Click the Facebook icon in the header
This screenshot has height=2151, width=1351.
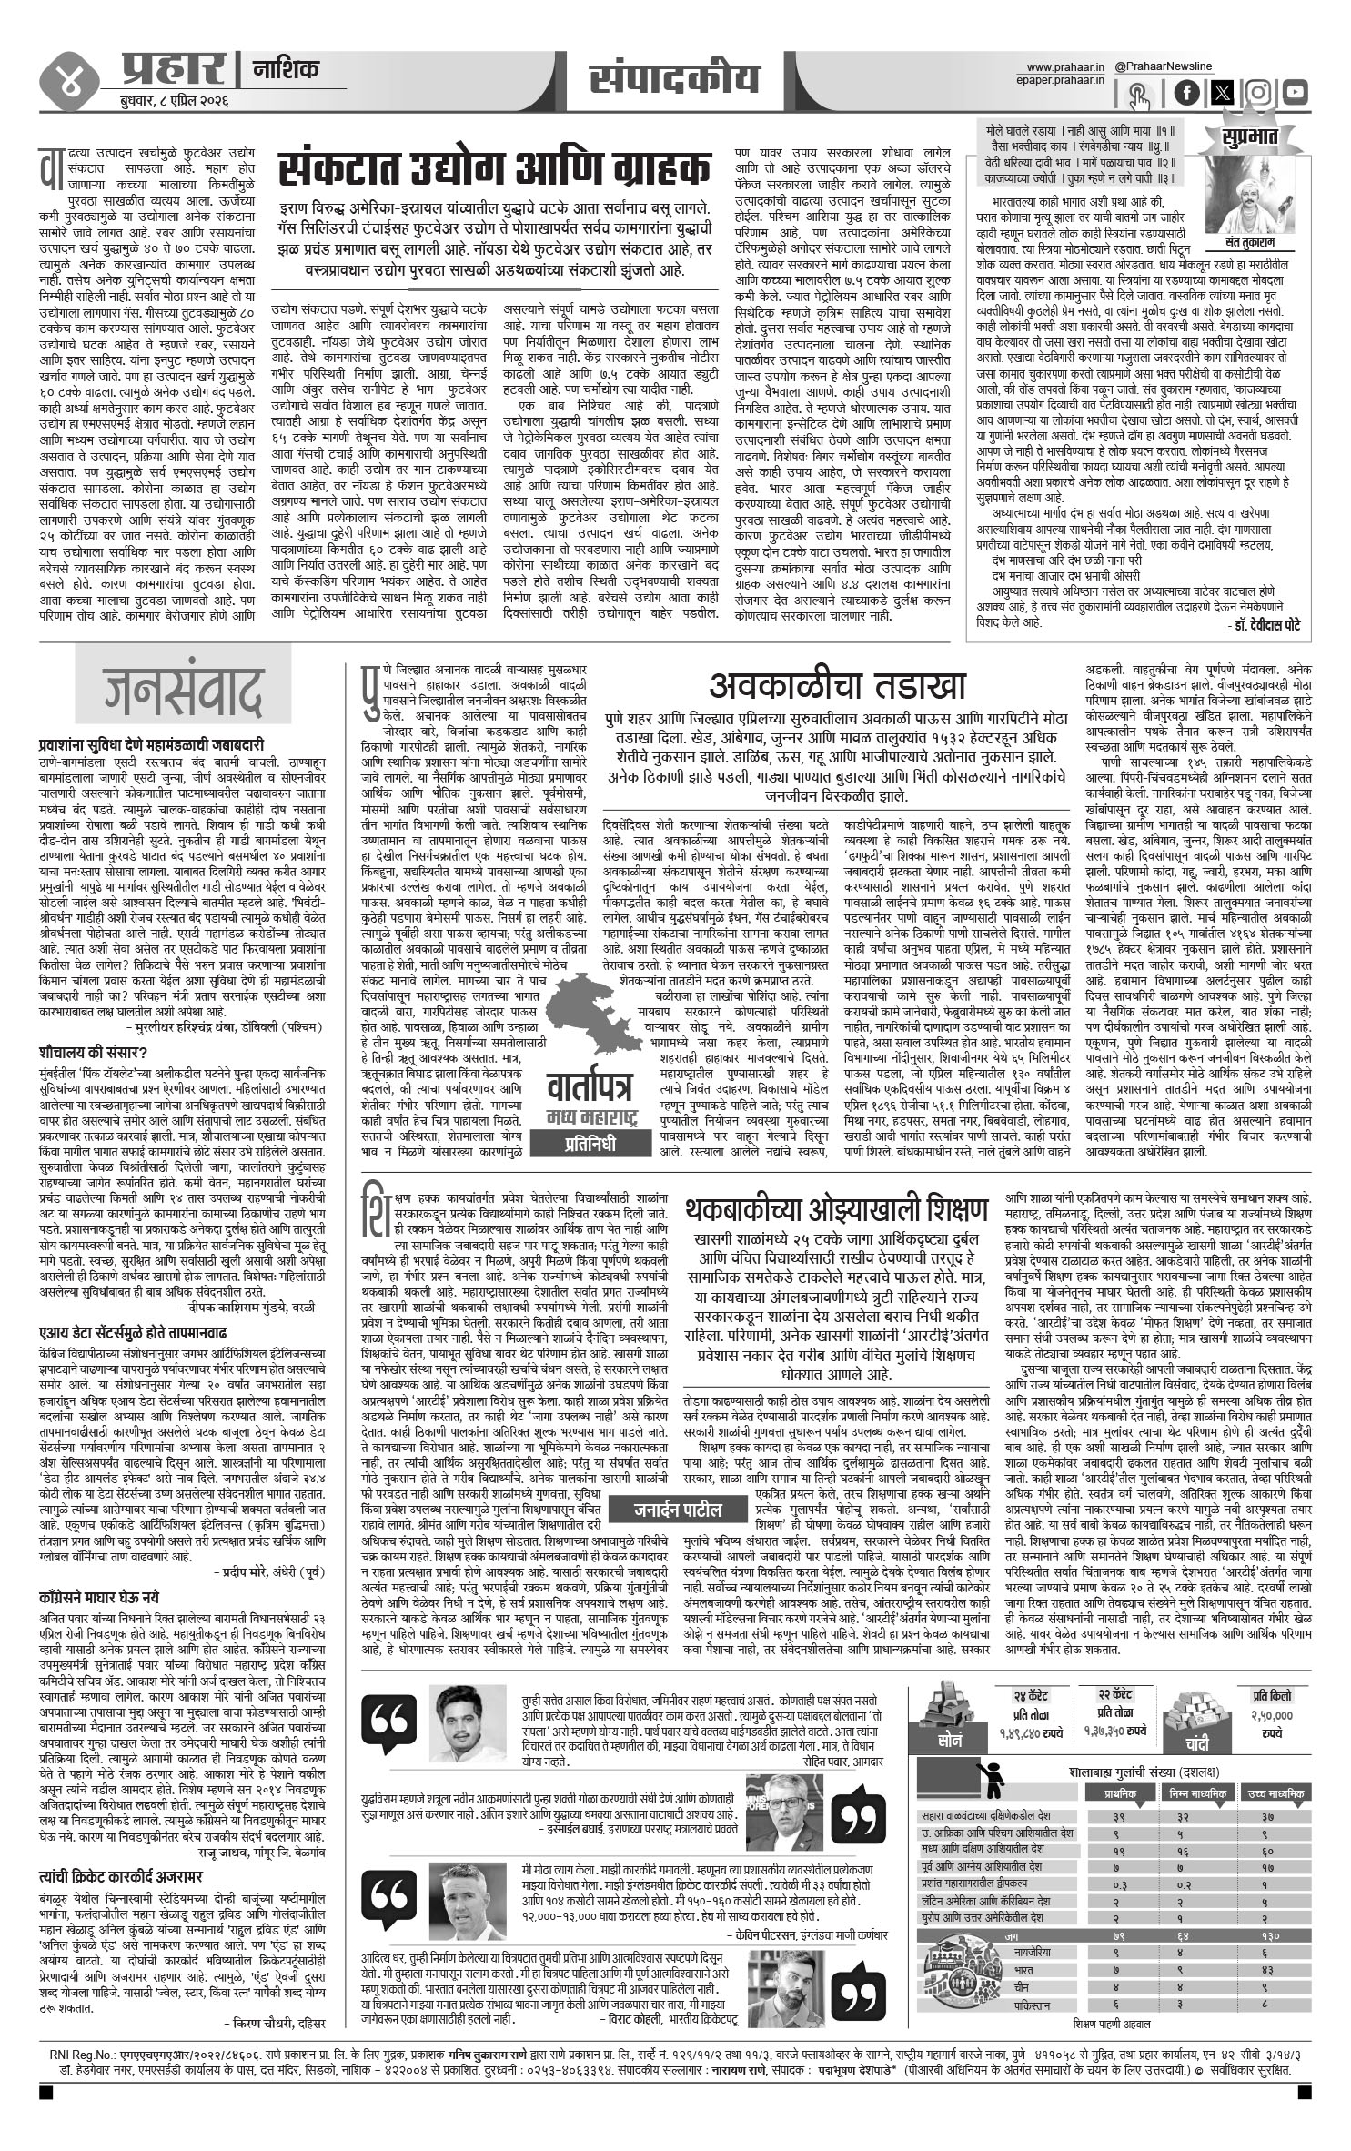[1187, 92]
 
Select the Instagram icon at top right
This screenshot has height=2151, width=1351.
[1258, 92]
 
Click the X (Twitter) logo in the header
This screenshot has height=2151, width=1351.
[1223, 92]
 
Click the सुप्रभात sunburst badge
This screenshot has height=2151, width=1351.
[1249, 137]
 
